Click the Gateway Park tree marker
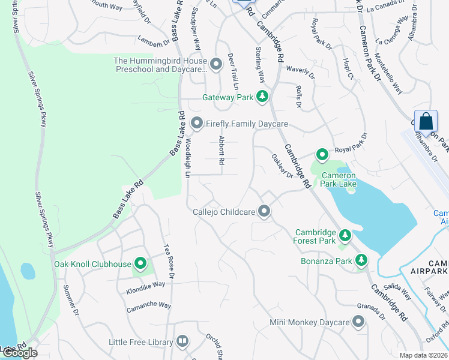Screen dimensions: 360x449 pos(262,97)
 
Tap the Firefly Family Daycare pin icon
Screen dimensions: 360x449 pos(196,124)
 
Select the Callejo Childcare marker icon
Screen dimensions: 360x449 pos(264,211)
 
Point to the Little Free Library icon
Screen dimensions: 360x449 pos(182,342)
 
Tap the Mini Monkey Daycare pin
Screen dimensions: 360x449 pos(358,323)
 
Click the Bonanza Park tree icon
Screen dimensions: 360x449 pos(361,260)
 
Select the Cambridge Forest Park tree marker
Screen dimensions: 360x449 pos(345,234)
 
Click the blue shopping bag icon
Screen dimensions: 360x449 pos(426,121)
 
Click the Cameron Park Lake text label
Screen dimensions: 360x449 pos(339,180)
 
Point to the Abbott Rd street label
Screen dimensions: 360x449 pos(221,150)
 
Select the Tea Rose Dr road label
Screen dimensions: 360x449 pos(169,261)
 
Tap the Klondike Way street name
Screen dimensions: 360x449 pos(145,284)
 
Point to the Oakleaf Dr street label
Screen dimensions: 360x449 pos(282,166)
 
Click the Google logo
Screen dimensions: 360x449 pos(19,353)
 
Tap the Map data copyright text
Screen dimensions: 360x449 pos(423,355)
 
